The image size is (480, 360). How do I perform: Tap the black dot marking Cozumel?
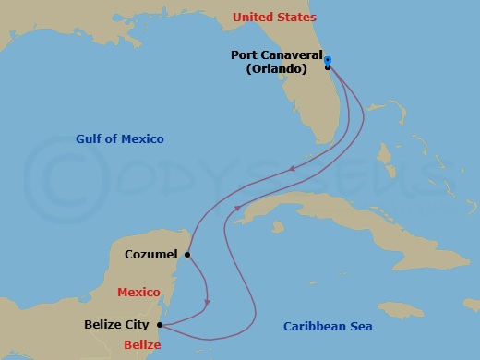187,255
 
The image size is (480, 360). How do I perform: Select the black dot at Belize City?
161,325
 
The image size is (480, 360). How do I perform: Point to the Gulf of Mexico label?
120,139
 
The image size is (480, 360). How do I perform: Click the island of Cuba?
314,208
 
